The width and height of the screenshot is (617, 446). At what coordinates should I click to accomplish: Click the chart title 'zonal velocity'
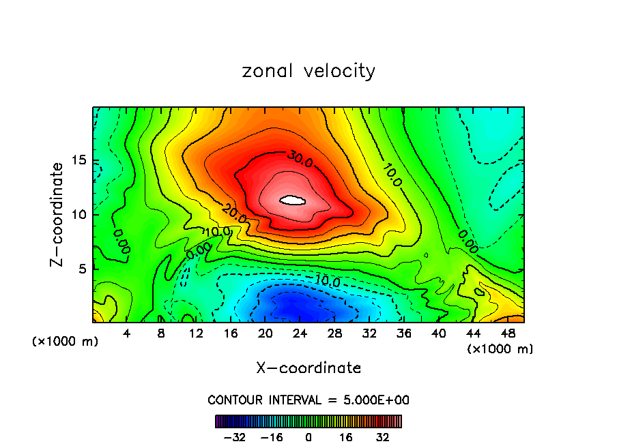pyautogui.click(x=308, y=71)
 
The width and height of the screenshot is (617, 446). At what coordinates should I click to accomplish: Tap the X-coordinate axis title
pyautogui.click(x=308, y=368)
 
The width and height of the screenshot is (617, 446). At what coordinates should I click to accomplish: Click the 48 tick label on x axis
pyautogui.click(x=508, y=334)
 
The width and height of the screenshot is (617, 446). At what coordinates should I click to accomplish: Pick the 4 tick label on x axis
pyautogui.click(x=127, y=334)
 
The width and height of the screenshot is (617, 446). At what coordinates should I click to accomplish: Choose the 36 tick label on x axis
pyautogui.click(x=404, y=334)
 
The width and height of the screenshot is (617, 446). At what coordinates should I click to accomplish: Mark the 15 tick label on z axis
pyautogui.click(x=81, y=161)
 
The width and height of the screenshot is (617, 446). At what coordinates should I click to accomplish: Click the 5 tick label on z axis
pyautogui.click(x=84, y=269)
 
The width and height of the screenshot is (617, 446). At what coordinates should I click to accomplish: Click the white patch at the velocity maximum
pyautogui.click(x=293, y=200)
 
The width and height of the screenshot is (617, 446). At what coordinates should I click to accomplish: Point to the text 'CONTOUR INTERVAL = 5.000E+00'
pyautogui.click(x=308, y=400)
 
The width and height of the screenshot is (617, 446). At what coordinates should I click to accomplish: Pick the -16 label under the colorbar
pyautogui.click(x=272, y=437)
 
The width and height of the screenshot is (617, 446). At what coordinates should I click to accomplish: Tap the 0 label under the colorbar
pyautogui.click(x=308, y=437)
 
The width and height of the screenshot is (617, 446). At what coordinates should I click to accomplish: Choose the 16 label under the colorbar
pyautogui.click(x=345, y=437)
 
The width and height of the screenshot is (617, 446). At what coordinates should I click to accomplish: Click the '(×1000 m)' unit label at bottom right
pyautogui.click(x=500, y=349)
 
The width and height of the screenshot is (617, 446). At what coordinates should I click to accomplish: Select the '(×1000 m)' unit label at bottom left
pyautogui.click(x=66, y=341)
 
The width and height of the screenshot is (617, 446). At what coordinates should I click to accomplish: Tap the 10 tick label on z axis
pyautogui.click(x=81, y=215)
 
